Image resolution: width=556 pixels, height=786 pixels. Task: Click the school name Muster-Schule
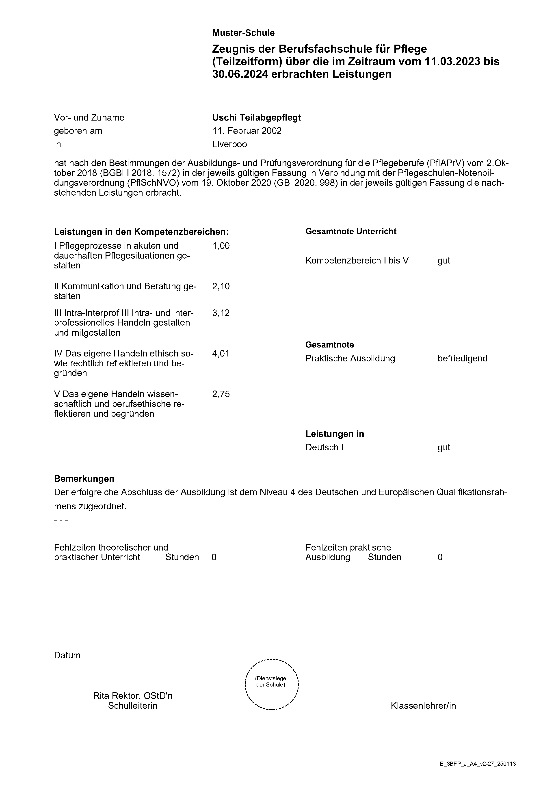pyautogui.click(x=243, y=33)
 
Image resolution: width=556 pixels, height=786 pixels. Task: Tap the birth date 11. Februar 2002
pyautogui.click(x=247, y=131)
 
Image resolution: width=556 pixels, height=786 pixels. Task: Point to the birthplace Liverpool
pyautogui.click(x=230, y=144)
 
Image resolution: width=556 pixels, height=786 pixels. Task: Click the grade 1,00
pyautogui.click(x=221, y=246)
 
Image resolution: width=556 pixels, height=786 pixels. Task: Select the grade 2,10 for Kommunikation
pyautogui.click(x=221, y=286)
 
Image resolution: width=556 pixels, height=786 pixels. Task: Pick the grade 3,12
pyautogui.click(x=221, y=313)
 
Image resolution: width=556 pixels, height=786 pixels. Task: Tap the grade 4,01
pyautogui.click(x=221, y=353)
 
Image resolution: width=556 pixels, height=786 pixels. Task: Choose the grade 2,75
pyautogui.click(x=221, y=394)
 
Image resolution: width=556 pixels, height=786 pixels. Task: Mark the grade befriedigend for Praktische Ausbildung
pyautogui.click(x=462, y=358)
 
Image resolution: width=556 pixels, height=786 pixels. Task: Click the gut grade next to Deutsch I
pyautogui.click(x=444, y=447)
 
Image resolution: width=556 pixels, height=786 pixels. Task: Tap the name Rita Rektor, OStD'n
pyautogui.click(x=132, y=696)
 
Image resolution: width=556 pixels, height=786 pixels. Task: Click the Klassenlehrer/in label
pyautogui.click(x=423, y=706)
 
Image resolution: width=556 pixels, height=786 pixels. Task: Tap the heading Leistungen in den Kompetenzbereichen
pyautogui.click(x=141, y=232)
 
